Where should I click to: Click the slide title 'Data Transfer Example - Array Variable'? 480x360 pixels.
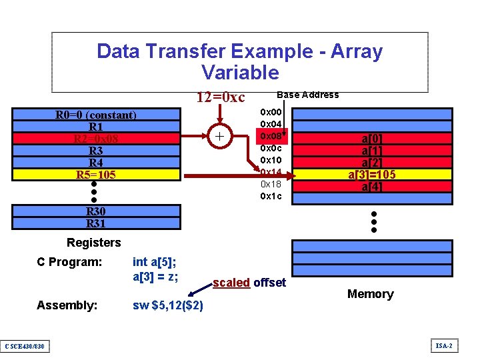tap(239, 61)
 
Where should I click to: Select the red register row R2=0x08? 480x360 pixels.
tap(95, 139)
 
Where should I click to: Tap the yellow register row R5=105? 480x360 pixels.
tap(95, 175)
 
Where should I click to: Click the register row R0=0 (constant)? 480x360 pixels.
tap(95, 115)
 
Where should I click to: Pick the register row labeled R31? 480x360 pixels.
tap(95, 223)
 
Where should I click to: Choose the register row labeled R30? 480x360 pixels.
tap(95, 211)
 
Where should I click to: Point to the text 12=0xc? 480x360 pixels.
tap(220, 97)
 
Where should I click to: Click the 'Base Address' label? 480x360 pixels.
tap(307, 95)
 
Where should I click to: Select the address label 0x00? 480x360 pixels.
tap(271, 112)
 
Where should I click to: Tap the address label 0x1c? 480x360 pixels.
tap(271, 196)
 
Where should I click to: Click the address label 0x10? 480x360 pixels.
tap(271, 160)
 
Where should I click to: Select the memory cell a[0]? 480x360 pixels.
tap(372, 139)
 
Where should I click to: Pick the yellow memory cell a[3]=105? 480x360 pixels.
tap(372, 175)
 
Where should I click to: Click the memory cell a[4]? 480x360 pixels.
tap(372, 187)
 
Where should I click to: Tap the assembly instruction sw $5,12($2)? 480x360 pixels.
tap(168, 305)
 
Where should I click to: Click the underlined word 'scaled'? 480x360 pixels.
tap(231, 283)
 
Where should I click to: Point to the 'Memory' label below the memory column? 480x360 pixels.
tap(370, 294)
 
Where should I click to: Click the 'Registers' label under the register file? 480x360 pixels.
tap(94, 243)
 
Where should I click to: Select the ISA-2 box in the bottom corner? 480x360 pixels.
tap(445, 345)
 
